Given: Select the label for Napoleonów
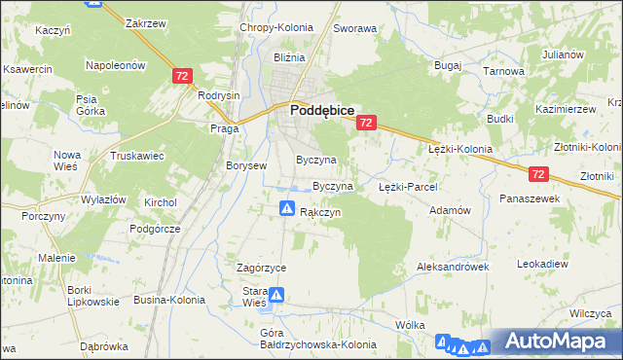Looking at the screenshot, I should point(116,65).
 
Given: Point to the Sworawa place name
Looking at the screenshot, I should point(354,28).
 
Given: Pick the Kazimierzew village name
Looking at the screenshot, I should point(565,109).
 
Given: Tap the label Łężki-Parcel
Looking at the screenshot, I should point(408,186).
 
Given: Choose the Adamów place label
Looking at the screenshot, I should point(450,209).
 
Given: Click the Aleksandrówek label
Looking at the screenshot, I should point(451,265).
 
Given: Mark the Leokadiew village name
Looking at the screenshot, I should point(542,264).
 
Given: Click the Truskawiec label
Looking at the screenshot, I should point(137,156).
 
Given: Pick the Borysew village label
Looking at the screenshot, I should point(246,165).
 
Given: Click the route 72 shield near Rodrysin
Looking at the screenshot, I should point(181,75).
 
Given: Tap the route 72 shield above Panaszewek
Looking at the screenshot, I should point(540,174).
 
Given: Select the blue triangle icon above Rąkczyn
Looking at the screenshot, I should point(288,207).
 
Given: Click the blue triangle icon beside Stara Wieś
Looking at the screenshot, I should point(277,295).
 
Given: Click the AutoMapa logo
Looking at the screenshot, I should point(554,342).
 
